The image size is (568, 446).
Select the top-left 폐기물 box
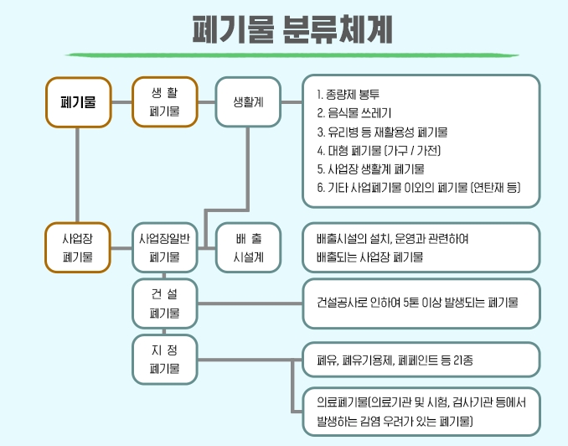click(x=78, y=101)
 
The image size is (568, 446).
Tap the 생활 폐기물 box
click(x=164, y=101)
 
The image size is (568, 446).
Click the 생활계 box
click(x=249, y=101)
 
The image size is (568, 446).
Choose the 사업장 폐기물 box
click(x=78, y=247)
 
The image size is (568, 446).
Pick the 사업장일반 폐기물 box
click(x=164, y=247)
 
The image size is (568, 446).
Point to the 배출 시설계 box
click(x=249, y=247)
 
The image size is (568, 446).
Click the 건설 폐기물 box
click(x=164, y=303)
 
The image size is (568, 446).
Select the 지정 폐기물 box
click(x=164, y=358)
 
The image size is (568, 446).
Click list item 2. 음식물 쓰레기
click(x=356, y=111)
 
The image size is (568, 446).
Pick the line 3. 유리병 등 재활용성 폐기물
click(x=382, y=132)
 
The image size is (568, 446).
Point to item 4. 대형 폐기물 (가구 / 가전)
click(x=379, y=151)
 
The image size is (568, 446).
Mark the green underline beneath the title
click(x=284, y=55)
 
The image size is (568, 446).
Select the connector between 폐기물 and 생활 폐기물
click(x=121, y=101)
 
